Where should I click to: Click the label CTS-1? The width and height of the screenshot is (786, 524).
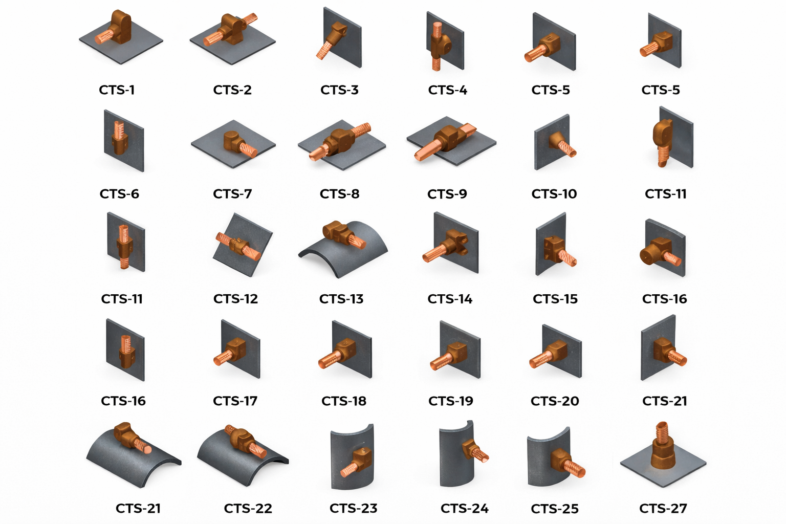coord(117,90)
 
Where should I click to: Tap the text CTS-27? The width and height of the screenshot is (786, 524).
coord(663,508)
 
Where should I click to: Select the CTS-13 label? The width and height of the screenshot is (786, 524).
coord(341,299)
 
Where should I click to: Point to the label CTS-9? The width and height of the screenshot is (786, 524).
coord(447,194)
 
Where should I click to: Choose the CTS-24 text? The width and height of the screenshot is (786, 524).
coord(465,508)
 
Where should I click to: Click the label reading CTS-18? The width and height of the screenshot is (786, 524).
coord(344,401)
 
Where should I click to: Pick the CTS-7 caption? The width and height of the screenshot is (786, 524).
coord(232,194)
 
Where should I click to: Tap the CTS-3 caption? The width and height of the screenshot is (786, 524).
coord(339,90)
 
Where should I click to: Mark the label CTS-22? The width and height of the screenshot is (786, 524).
coord(248,508)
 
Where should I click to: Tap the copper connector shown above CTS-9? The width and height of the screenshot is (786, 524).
coord(445,142)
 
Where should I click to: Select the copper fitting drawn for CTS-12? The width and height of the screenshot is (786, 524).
coord(238,246)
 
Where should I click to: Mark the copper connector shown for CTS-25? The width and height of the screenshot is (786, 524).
coord(567,463)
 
